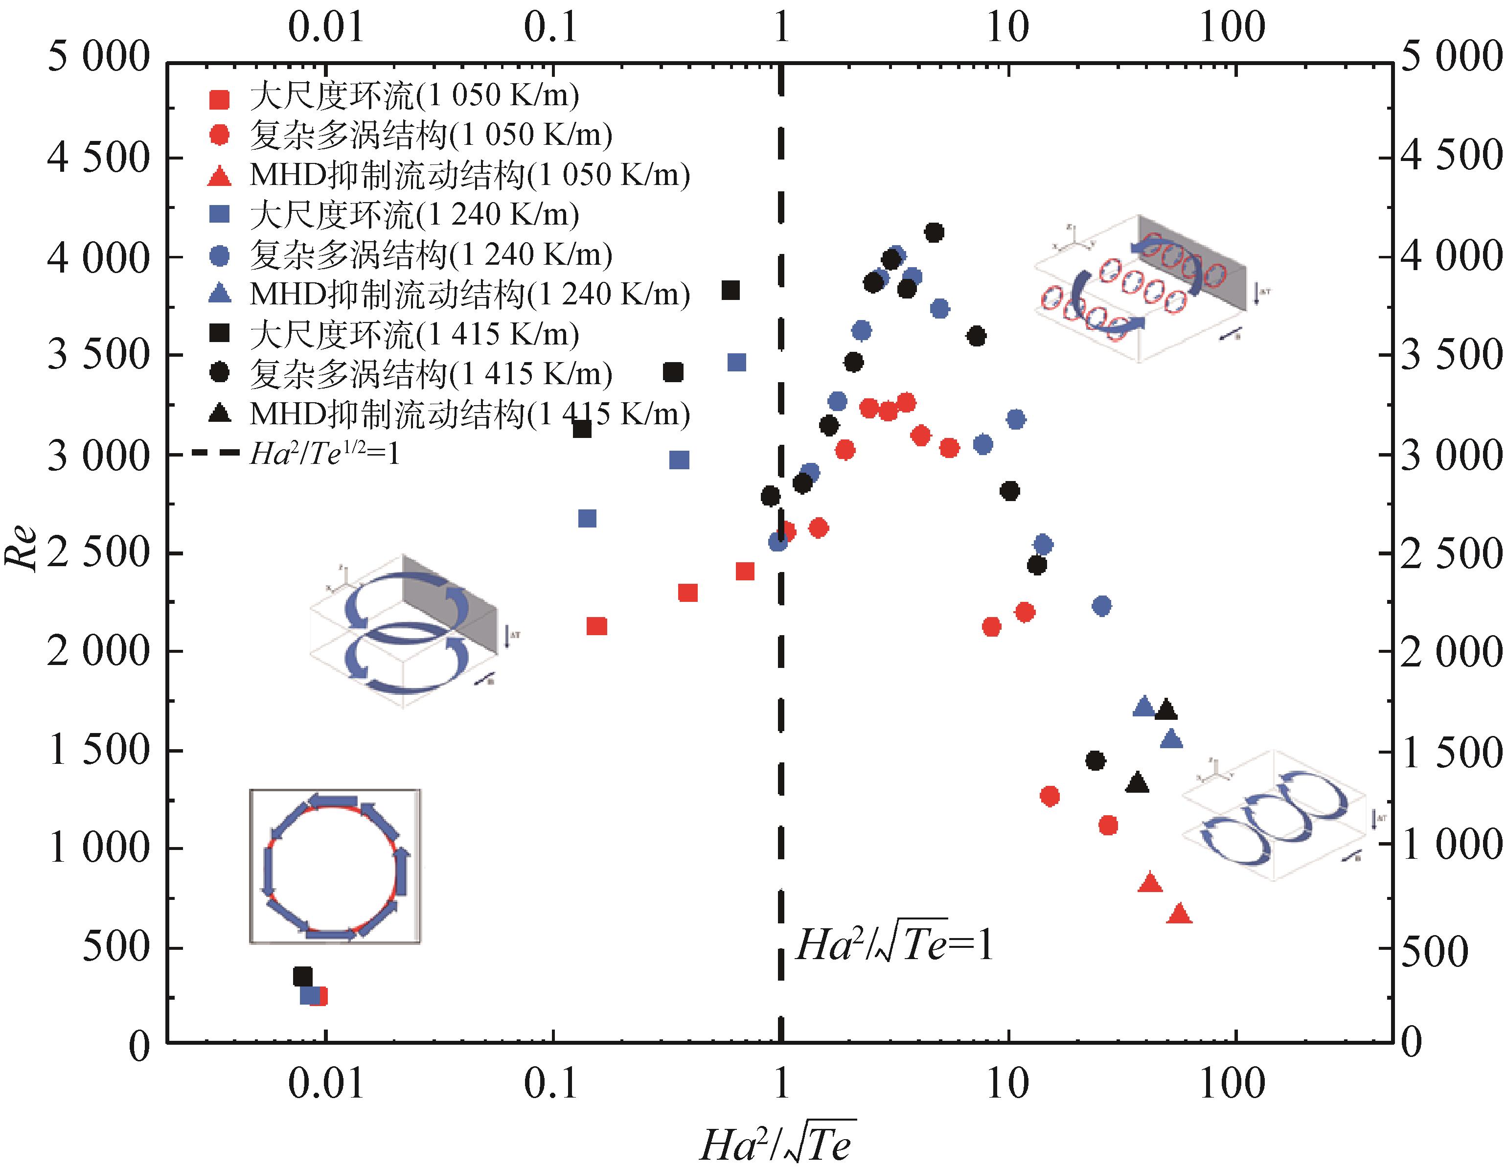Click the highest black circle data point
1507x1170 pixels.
tap(934, 232)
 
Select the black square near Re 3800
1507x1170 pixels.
tap(731, 291)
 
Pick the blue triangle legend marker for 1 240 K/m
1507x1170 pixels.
tap(219, 294)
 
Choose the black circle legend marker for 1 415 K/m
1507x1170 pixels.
tap(219, 373)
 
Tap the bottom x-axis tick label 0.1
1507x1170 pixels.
tap(550, 1084)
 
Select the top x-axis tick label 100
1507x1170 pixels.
tap(1233, 27)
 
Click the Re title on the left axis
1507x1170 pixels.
tap(21, 549)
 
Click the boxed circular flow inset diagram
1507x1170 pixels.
tap(335, 866)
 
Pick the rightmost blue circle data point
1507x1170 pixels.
tap(1102, 605)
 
